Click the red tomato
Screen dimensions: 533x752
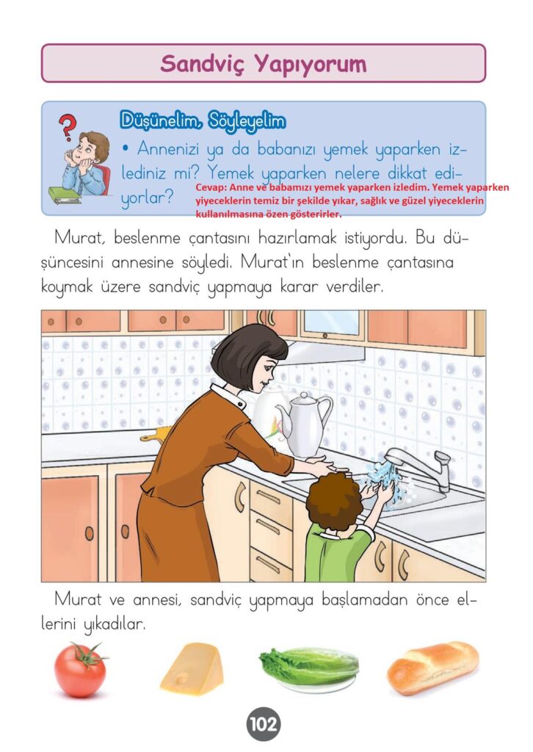(80, 670)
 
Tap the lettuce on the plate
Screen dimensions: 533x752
(309, 666)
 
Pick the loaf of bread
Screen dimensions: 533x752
(433, 667)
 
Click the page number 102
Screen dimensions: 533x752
(263, 723)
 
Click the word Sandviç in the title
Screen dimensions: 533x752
(203, 64)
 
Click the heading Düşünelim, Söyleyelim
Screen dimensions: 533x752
(203, 121)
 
